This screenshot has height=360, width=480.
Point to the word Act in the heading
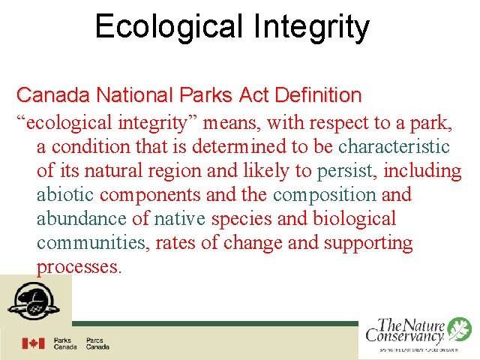pos(256,95)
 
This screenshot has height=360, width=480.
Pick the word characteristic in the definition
pos(394,146)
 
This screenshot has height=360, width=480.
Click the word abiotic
pos(65,195)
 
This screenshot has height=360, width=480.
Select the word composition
pos(325,195)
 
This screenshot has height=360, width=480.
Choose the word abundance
pos(82,219)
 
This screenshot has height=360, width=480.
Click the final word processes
pos(78,268)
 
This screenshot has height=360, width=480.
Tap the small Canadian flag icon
pos(33,343)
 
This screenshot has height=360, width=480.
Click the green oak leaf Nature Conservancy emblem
pos(458,329)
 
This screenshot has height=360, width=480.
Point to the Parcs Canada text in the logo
pos(97,343)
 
